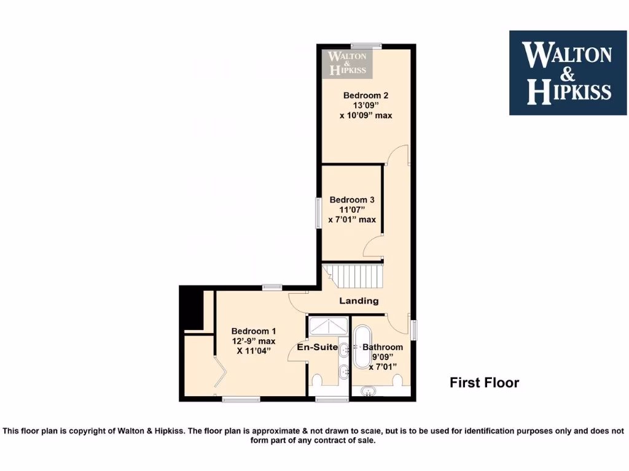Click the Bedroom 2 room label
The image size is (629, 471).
pyautogui.click(x=365, y=95)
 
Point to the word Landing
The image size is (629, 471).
pyautogui.click(x=359, y=301)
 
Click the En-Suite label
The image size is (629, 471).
pyautogui.click(x=317, y=347)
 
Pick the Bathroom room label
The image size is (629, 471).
pyautogui.click(x=383, y=347)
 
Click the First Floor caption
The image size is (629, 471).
pyautogui.click(x=484, y=383)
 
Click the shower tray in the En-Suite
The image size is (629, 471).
pyautogui.click(x=328, y=326)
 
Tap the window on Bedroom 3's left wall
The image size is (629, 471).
pyautogui.click(x=318, y=213)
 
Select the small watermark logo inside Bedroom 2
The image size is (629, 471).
pyautogui.click(x=348, y=63)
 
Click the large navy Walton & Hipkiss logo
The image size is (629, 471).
pyautogui.click(x=568, y=72)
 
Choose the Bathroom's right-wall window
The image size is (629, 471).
pyautogui.click(x=414, y=329)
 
